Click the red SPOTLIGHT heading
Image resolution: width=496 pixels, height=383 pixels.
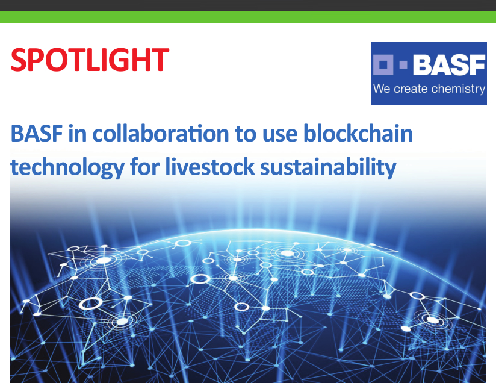pyautogui.click(x=90, y=60)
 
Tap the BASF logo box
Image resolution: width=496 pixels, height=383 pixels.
pyautogui.click(x=429, y=73)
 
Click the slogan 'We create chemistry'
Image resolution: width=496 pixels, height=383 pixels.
pyautogui.click(x=429, y=89)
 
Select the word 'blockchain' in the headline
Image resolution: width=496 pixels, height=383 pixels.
pyautogui.click(x=358, y=133)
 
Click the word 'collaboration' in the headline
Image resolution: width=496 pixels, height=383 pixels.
pyautogui.click(x=160, y=133)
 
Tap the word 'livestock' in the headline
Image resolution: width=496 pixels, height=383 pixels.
pyautogui.click(x=209, y=166)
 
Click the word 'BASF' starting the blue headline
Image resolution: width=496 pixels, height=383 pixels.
pyautogui.click(x=37, y=134)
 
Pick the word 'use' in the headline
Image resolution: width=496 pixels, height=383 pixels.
pyautogui.click(x=280, y=135)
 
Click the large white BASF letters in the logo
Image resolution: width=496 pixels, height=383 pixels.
pyautogui.click(x=449, y=65)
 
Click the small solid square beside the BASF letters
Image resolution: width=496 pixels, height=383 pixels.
pyautogui.click(x=403, y=64)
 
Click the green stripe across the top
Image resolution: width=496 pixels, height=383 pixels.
pyautogui.click(x=248, y=17)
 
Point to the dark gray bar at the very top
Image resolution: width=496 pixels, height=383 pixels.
pyautogui.click(x=248, y=5)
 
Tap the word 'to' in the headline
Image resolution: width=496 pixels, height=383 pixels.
pyautogui.click(x=246, y=134)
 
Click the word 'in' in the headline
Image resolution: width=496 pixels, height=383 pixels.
pyautogui.click(x=78, y=134)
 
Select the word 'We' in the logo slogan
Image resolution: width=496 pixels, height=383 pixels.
pyautogui.click(x=382, y=89)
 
